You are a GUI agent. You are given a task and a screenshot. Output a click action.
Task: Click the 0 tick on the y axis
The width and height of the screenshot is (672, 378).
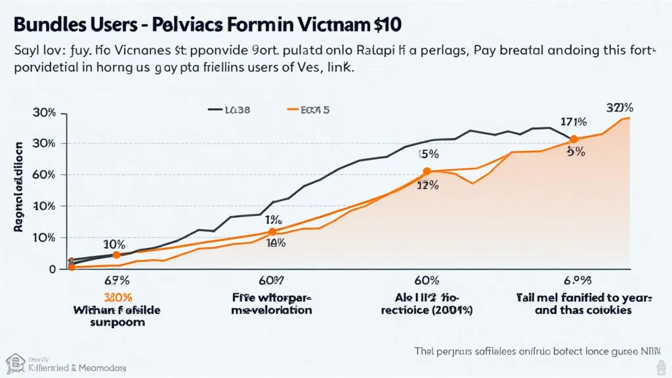pyautogui.click(x=53, y=268)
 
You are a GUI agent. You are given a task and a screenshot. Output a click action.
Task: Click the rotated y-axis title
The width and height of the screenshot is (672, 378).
pyautogui.click(x=19, y=187)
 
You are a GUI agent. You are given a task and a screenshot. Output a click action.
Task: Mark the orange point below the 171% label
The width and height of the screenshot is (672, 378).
pyautogui.click(x=574, y=139)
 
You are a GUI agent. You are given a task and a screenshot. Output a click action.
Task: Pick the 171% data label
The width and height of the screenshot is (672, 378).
pyautogui.click(x=574, y=121)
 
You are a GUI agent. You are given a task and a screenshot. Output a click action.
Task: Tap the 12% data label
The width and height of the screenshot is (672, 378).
pyautogui.click(x=428, y=186)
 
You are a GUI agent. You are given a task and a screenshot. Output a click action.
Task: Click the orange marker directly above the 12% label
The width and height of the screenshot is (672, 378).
pyautogui.click(x=427, y=171)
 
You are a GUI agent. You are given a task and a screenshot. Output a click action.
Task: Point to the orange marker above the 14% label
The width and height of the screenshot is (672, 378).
pyautogui.click(x=272, y=232)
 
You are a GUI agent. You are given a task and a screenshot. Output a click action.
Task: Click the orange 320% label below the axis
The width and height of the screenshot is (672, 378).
pyautogui.click(x=115, y=296)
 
